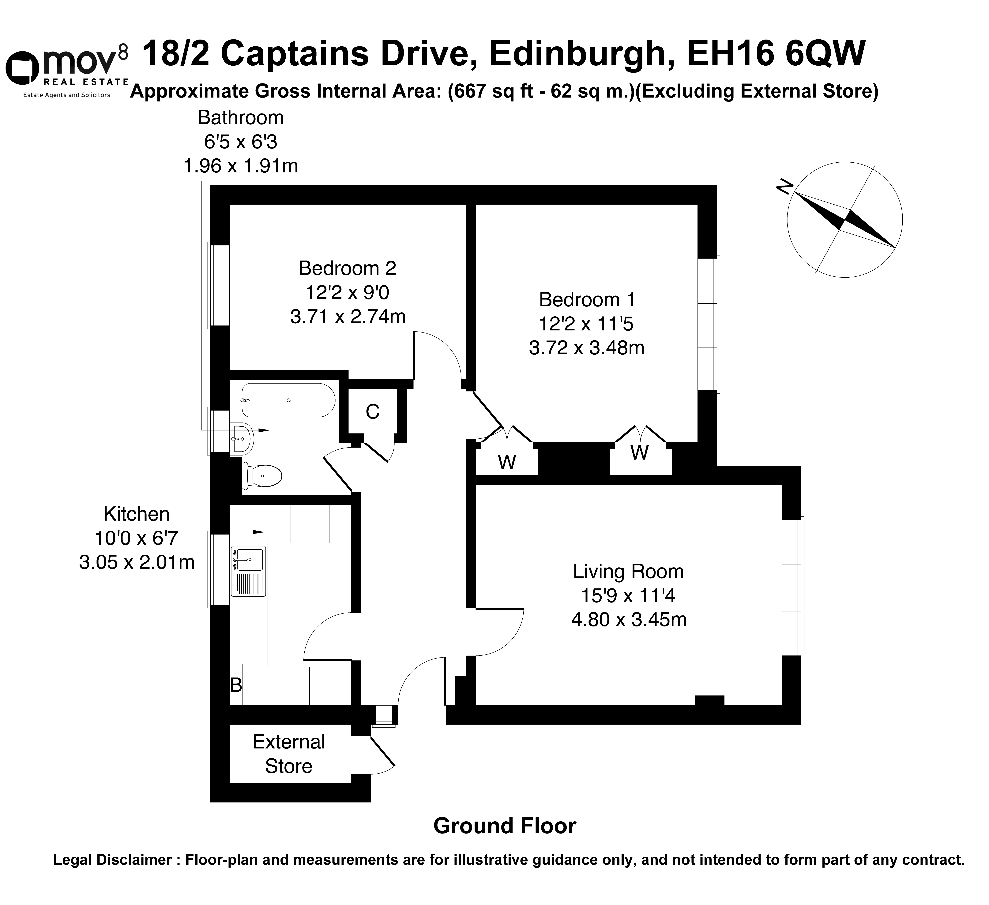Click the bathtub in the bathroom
click(288, 400)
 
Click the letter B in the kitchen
click(236, 685)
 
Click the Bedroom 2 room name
click(347, 268)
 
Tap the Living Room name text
click(628, 571)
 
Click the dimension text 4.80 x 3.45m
click(628, 620)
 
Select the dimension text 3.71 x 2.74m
click(348, 317)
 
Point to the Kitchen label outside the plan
click(136, 514)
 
